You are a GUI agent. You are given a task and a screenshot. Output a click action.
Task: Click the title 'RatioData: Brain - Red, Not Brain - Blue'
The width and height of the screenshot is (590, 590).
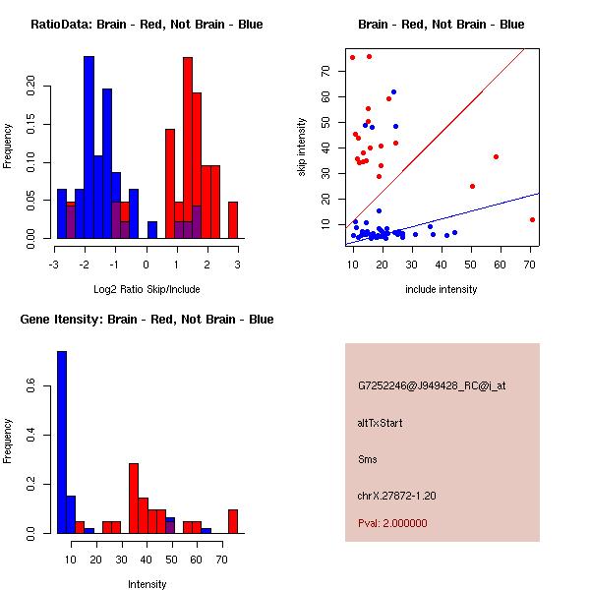coord(147,25)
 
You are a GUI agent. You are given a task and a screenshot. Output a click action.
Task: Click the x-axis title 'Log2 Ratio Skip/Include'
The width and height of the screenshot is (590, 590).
coord(147,289)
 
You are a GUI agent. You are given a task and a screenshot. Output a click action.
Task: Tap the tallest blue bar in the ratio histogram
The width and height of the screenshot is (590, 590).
coord(88,147)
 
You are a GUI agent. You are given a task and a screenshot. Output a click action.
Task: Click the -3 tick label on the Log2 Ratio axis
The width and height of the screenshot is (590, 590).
coord(56,265)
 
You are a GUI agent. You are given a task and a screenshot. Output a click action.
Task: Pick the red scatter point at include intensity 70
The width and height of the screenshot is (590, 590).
coord(532,219)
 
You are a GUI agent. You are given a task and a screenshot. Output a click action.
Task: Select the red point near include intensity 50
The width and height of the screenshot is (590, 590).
coord(473,186)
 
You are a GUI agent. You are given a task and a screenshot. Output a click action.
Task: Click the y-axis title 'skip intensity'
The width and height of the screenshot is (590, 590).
coord(302,147)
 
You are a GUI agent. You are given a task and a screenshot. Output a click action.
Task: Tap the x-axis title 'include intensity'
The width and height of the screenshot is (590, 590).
coord(442,289)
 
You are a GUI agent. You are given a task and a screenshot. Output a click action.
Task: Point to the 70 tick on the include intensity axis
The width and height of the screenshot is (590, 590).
coord(531,265)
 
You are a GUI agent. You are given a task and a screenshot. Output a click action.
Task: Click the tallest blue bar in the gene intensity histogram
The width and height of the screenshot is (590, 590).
coord(61,442)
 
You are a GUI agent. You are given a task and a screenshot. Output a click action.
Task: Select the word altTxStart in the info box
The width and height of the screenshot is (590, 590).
coord(381,423)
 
